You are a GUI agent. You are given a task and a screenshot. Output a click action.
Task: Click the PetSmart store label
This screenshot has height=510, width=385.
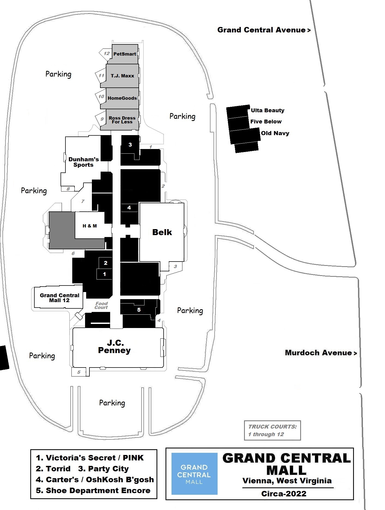[x=125, y=54]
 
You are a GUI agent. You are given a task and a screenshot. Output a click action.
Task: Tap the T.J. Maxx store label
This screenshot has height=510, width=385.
[x=122, y=76]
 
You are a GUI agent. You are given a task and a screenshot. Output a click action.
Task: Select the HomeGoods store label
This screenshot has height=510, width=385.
[x=122, y=98]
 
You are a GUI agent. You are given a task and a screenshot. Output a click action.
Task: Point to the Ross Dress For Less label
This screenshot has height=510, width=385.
[x=122, y=120]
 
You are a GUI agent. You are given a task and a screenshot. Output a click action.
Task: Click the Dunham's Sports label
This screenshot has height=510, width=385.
[x=83, y=162]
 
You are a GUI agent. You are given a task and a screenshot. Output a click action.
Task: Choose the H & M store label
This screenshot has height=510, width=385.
[x=90, y=226]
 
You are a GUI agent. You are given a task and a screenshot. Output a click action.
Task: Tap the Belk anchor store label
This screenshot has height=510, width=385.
[x=162, y=232]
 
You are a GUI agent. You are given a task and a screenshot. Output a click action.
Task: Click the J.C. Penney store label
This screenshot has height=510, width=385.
[x=115, y=347]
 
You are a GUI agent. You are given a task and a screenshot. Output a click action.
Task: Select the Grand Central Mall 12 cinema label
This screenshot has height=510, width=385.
[x=59, y=298]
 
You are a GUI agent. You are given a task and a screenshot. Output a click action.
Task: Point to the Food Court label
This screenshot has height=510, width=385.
[x=101, y=305]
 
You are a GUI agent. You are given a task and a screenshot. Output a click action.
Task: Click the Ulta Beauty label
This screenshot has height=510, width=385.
[x=267, y=110]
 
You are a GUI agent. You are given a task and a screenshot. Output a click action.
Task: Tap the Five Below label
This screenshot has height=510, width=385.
[x=266, y=122]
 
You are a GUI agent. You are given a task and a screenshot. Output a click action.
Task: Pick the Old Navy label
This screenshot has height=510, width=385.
[x=275, y=133]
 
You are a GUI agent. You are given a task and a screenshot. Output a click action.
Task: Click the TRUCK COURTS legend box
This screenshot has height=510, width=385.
[x=272, y=430]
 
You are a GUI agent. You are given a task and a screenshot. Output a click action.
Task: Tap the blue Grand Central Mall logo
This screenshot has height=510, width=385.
[x=194, y=474]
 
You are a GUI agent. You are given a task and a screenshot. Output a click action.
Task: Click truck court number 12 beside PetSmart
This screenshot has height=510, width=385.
[x=106, y=53]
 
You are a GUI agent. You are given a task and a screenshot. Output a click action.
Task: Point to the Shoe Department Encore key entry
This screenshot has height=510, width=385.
[x=93, y=491]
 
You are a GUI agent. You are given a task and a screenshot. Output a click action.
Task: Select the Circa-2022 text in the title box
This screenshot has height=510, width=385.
[x=284, y=494]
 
